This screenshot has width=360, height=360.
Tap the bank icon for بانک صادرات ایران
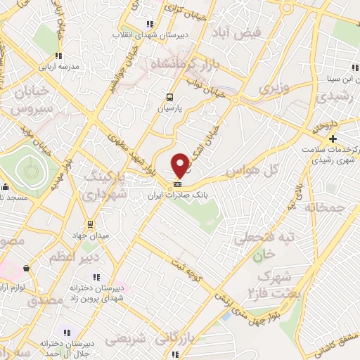click(x=176, y=186)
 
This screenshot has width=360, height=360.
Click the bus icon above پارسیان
click(x=169, y=98)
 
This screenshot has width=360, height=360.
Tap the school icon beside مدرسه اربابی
click(x=59, y=56)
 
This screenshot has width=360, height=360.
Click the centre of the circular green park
click(x=30, y=169)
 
